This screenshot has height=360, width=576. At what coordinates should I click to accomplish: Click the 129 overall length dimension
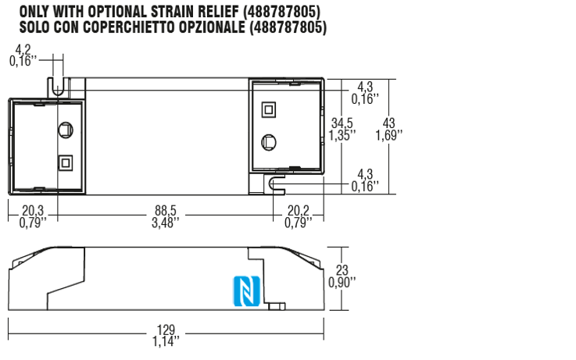165,330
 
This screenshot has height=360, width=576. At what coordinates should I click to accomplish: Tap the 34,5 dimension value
342,123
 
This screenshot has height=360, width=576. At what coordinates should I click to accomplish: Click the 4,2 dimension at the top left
23,51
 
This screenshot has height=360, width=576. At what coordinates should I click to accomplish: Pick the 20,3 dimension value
33,210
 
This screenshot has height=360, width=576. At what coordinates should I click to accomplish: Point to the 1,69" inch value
388,135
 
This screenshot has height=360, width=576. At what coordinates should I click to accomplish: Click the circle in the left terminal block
66,130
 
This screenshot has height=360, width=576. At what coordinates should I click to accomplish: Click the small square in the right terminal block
268,109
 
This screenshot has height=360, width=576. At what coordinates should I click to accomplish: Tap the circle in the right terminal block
268,142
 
